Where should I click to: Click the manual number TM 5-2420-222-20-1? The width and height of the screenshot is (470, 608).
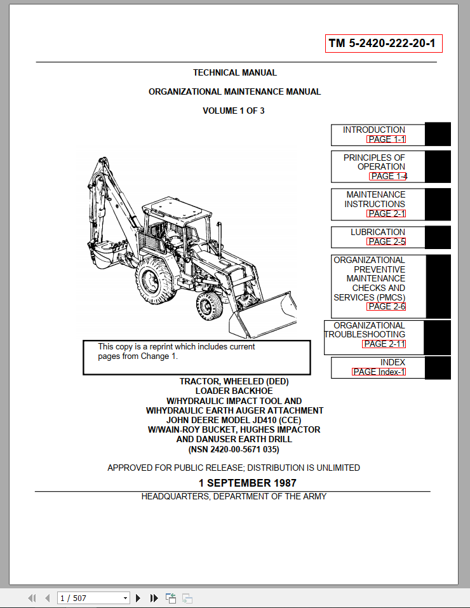click(x=383, y=44)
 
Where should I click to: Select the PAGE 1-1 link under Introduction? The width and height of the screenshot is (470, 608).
click(x=386, y=139)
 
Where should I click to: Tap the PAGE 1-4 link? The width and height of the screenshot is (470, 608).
click(x=388, y=176)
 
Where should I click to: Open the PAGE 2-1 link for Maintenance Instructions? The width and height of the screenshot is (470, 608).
click(x=386, y=213)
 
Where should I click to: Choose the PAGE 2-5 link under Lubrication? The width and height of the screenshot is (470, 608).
click(x=386, y=241)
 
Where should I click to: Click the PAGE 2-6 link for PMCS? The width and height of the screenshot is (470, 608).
click(x=386, y=306)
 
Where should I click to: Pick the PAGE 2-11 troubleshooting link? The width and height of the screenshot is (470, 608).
click(x=384, y=344)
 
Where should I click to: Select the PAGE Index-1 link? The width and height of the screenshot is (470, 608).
click(x=379, y=372)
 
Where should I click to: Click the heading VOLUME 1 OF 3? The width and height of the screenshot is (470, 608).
click(x=234, y=111)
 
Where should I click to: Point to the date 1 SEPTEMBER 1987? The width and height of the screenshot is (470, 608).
click(x=247, y=483)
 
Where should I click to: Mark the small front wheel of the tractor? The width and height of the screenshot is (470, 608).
click(x=208, y=306)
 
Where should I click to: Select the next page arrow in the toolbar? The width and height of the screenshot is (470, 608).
click(x=138, y=598)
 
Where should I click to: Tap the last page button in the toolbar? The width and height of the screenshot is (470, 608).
click(x=154, y=598)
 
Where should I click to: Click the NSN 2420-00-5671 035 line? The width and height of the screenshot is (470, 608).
click(x=233, y=450)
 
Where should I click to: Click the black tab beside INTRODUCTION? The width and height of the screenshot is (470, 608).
click(x=438, y=134)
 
